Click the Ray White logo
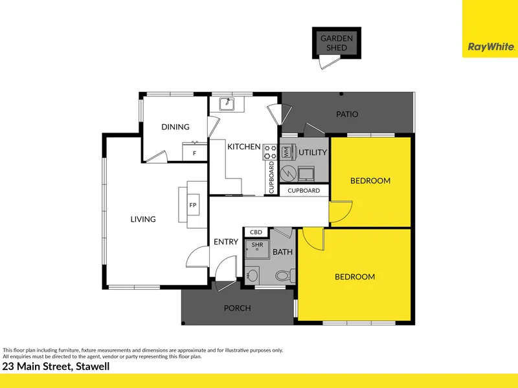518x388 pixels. pyautogui.click(x=491, y=47)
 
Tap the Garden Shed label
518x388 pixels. pyautogui.click(x=337, y=43)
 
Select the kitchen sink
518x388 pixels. pyautogui.click(x=227, y=104)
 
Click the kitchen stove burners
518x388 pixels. pyautogui.click(x=269, y=153)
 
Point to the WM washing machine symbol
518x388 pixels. pyautogui.click(x=286, y=152)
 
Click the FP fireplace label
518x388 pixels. pyautogui.click(x=193, y=205)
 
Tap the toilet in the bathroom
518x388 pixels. pyautogui.click(x=285, y=275)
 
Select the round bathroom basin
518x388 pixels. pyautogui.click(x=253, y=275)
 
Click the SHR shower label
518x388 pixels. pyautogui.click(x=257, y=245)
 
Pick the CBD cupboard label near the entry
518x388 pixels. pyautogui.click(x=256, y=232)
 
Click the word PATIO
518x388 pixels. pyautogui.click(x=347, y=114)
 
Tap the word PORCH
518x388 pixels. pyautogui.click(x=237, y=308)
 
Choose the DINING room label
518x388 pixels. pyautogui.click(x=175, y=127)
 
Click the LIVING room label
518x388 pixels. pyautogui.click(x=143, y=219)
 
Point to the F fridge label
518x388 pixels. pyautogui.click(x=195, y=153)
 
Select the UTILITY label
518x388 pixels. pyautogui.click(x=313, y=153)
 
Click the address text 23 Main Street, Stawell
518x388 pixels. pyautogui.click(x=56, y=367)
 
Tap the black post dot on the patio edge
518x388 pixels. pyautogui.click(x=341, y=94)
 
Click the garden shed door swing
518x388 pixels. pyautogui.click(x=330, y=62)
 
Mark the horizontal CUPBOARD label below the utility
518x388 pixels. pyautogui.click(x=304, y=191)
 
